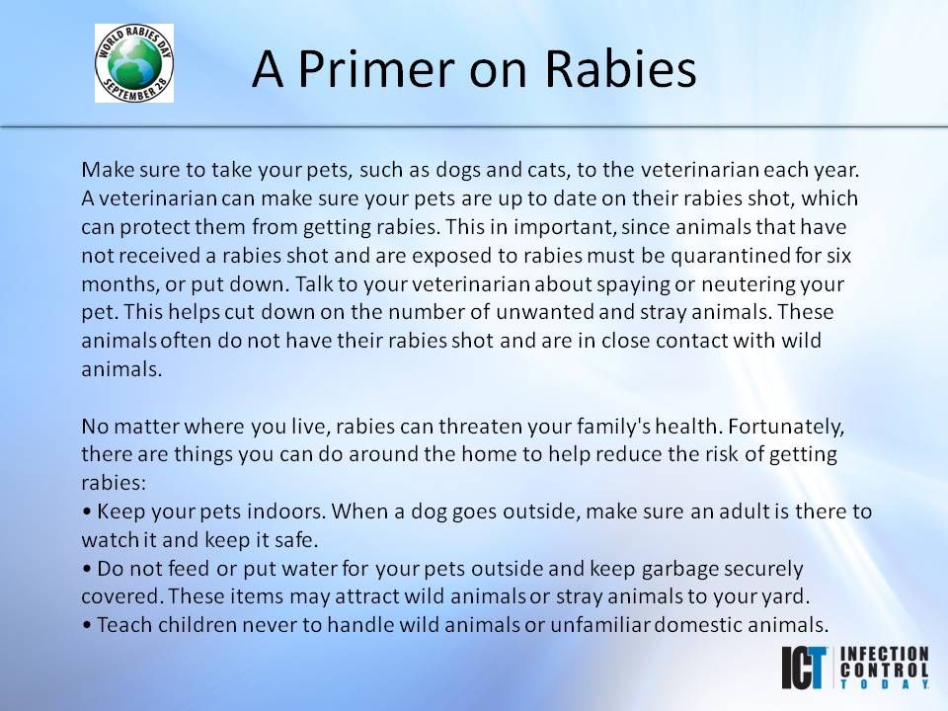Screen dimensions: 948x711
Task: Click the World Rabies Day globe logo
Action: coord(134,63)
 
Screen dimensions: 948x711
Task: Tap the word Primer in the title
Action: coord(375,69)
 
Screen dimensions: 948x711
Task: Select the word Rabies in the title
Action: coord(621,68)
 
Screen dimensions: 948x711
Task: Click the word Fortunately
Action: coord(786,428)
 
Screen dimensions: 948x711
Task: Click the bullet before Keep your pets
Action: coord(87,513)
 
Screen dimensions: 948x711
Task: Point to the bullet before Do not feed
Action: coord(87,570)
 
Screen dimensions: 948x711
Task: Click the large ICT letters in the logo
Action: coord(804,669)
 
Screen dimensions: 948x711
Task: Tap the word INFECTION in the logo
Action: coord(885,654)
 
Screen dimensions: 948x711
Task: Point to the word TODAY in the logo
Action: coord(885,683)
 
